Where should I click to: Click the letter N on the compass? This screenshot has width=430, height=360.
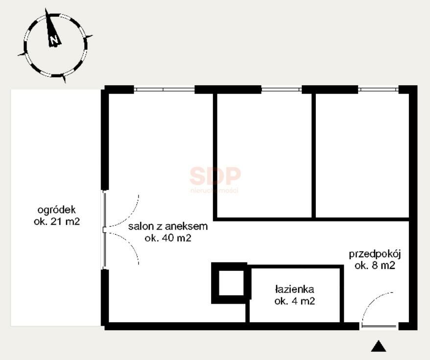tap(54, 40)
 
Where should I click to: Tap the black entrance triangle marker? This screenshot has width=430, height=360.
tap(379, 346)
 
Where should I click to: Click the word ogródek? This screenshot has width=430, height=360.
tap(56, 210)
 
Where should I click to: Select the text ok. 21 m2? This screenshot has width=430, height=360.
tap(57, 221)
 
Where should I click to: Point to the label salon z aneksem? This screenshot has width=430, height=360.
tap(168, 226)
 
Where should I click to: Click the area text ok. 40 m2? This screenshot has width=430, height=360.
tap(168, 238)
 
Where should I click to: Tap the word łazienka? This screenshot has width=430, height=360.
tap(294, 289)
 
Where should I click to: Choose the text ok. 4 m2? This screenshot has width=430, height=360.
tap(294, 301)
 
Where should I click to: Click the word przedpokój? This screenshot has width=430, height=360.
tap(375, 254)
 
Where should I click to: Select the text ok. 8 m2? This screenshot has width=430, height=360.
tap(375, 265)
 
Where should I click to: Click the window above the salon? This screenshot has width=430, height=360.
tap(164, 89)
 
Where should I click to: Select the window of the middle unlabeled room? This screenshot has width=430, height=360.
tap(282, 89)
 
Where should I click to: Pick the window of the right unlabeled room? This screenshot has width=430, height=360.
tap(378, 89)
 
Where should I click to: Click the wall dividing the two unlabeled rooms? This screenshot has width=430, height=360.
tap(313, 155)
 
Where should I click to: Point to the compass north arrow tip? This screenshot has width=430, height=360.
tap(46, 8)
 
